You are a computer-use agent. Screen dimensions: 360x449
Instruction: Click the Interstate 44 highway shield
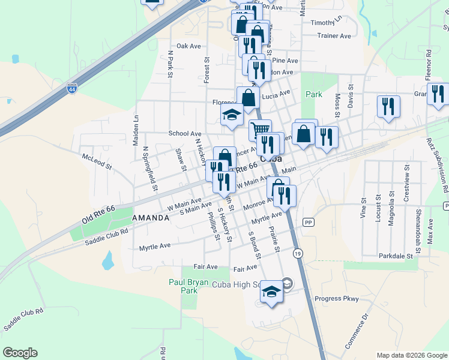72,88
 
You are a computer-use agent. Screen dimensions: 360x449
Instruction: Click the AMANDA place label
151,218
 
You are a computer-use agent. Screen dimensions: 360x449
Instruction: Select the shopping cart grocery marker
260,129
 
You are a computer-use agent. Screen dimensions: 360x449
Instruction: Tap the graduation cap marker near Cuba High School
271,292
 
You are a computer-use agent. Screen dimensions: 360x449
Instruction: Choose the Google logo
20,353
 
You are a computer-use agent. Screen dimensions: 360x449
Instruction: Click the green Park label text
314,94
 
